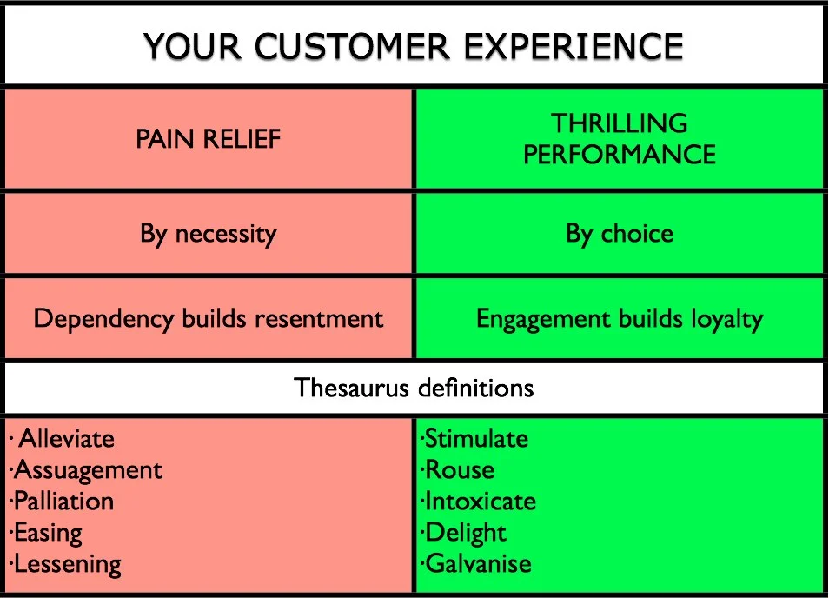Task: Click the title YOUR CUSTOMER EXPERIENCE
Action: pos(413,44)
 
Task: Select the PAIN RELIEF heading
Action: pos(209,139)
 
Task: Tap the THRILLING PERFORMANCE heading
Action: pos(620,139)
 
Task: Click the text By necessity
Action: pos(209,234)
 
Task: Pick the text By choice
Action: pos(620,234)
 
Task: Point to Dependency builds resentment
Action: pos(209,318)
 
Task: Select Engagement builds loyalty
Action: pos(620,318)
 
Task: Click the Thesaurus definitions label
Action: pos(414,387)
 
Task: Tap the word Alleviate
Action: pos(66,438)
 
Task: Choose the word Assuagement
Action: pos(88,470)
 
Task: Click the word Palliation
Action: pos(63,502)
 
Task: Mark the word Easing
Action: pos(48,532)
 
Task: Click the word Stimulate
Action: pos(476,438)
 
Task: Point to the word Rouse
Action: pos(459,470)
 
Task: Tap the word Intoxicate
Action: pos(480,502)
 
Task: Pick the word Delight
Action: pos(465,532)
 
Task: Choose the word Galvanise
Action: pos(477,563)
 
